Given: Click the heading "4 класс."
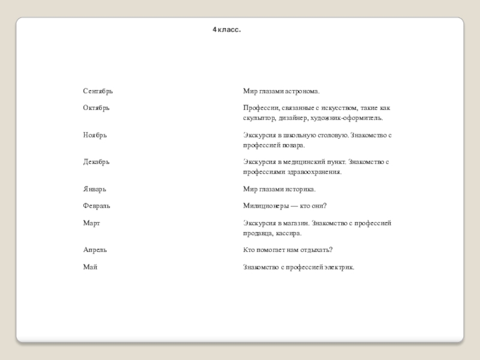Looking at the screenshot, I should tap(226, 29).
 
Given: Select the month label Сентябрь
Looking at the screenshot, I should tap(98, 91).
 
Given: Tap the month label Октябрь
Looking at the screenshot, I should tap(96, 108).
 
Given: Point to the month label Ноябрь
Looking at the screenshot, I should tap(95, 135).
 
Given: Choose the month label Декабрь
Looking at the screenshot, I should tap(96, 162).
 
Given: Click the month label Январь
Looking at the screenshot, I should tap(94, 190).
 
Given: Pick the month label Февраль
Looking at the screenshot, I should tap(97, 206).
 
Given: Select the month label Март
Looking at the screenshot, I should tap(91, 223).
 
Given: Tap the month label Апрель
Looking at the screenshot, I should tap(95, 250).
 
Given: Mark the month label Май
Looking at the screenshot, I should tap(90, 266).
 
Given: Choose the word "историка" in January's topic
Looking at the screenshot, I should tap(302, 190).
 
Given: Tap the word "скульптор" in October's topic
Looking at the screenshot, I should tap(259, 118).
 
